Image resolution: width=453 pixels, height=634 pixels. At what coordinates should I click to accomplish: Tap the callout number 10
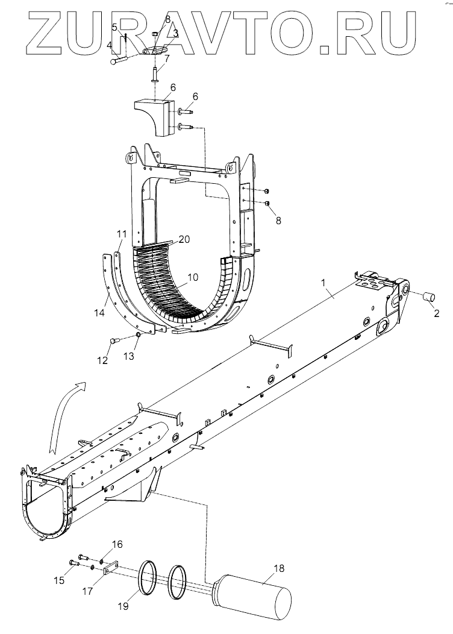click(193, 277)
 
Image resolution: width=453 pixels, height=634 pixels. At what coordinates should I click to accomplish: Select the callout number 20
click(184, 239)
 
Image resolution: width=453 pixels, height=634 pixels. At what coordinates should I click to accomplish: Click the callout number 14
click(99, 312)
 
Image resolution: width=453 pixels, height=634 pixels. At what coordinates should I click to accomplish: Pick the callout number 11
click(121, 233)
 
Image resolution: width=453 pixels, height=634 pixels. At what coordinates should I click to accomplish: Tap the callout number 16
click(117, 544)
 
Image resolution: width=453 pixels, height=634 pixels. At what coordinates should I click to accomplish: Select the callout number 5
click(114, 27)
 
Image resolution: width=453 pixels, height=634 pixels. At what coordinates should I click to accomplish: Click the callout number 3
click(175, 34)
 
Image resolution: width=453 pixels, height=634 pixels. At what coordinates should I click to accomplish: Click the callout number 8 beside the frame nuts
click(278, 221)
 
